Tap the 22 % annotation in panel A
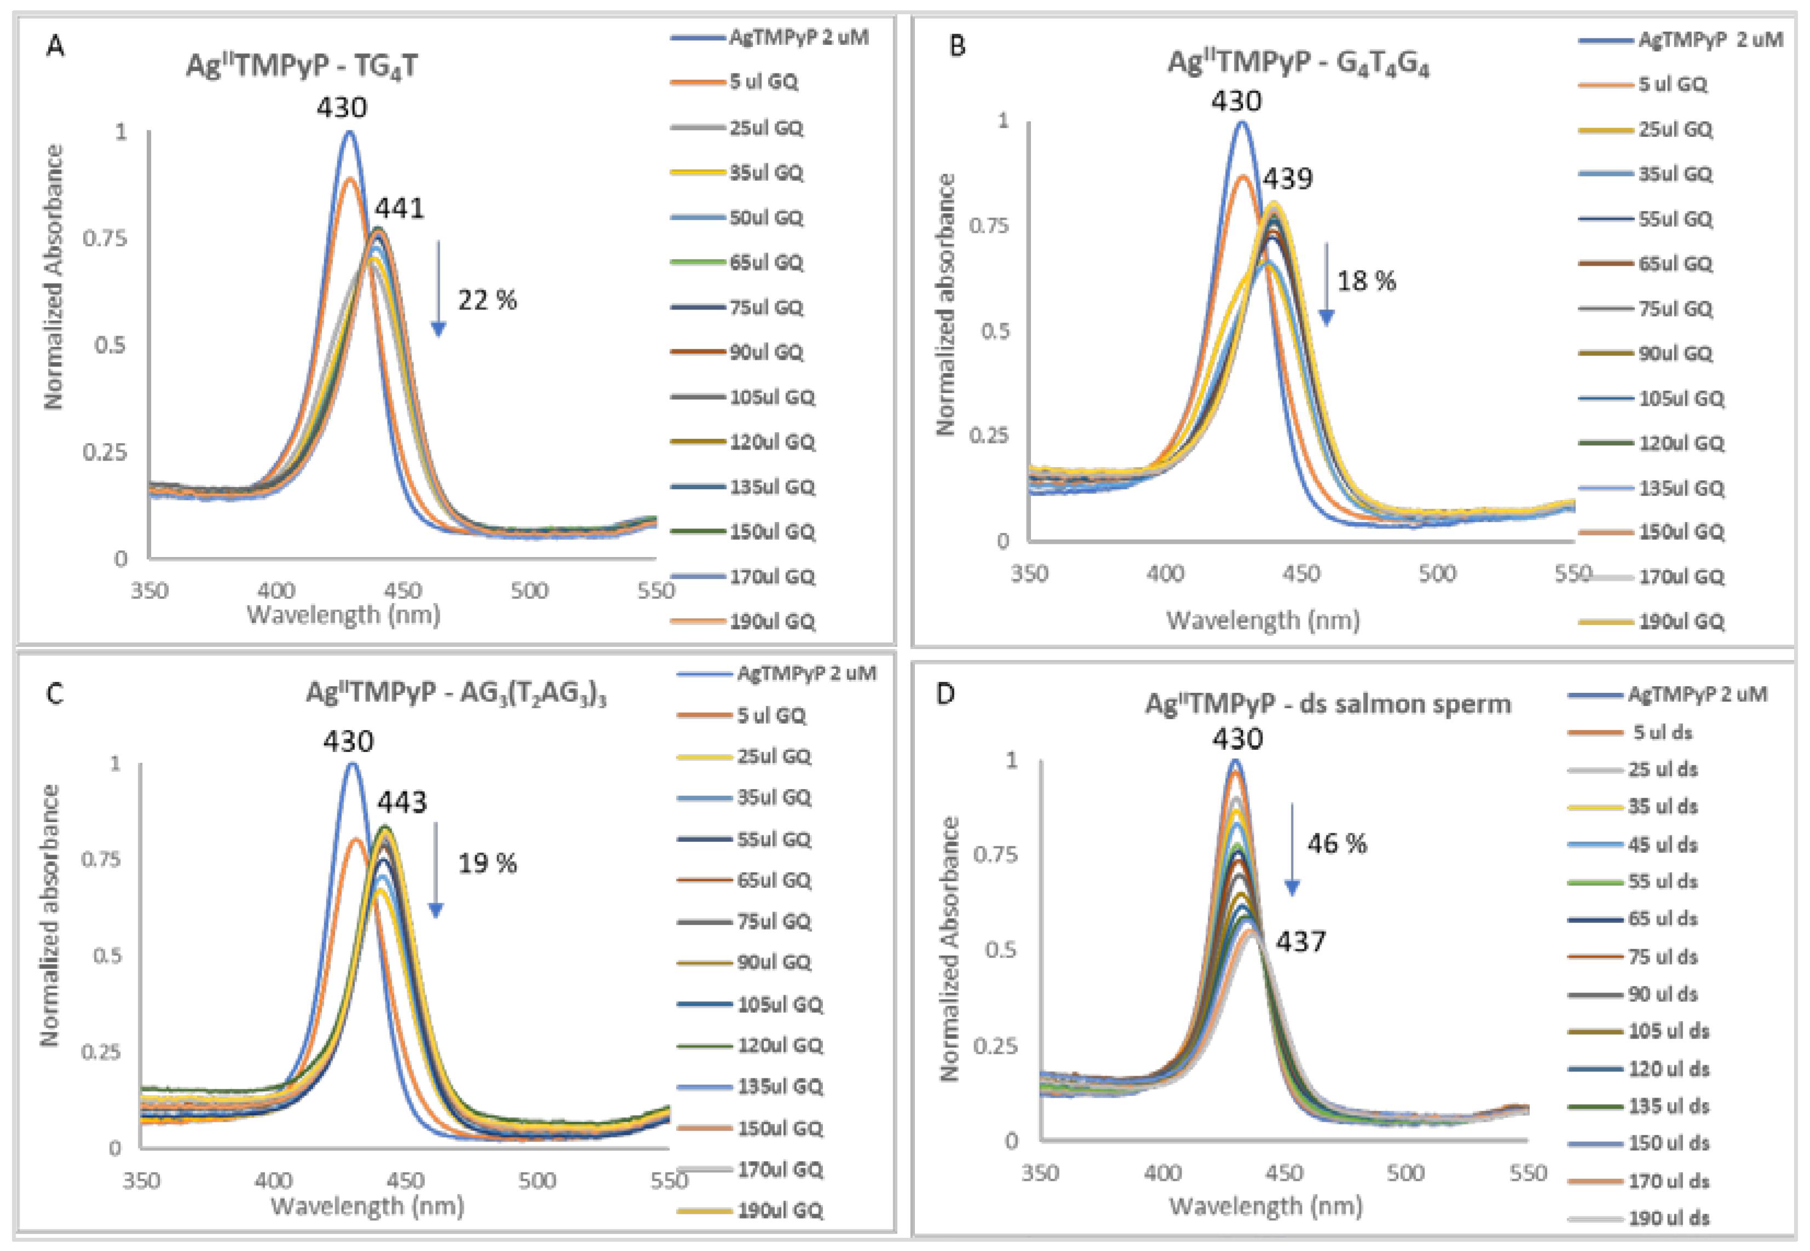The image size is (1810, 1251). tap(487, 300)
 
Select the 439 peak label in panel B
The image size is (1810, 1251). tap(1287, 179)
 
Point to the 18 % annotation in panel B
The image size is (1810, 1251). tap(1366, 280)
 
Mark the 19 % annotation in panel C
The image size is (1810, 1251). tap(487, 864)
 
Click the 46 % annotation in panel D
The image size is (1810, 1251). tap(1337, 844)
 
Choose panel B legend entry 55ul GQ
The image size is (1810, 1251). tap(1674, 219)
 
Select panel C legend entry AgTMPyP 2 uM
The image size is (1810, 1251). tap(805, 673)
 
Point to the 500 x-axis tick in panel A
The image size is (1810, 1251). tap(529, 590)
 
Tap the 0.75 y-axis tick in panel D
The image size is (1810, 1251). tap(995, 853)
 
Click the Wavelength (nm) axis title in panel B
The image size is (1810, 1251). tap(1263, 621)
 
